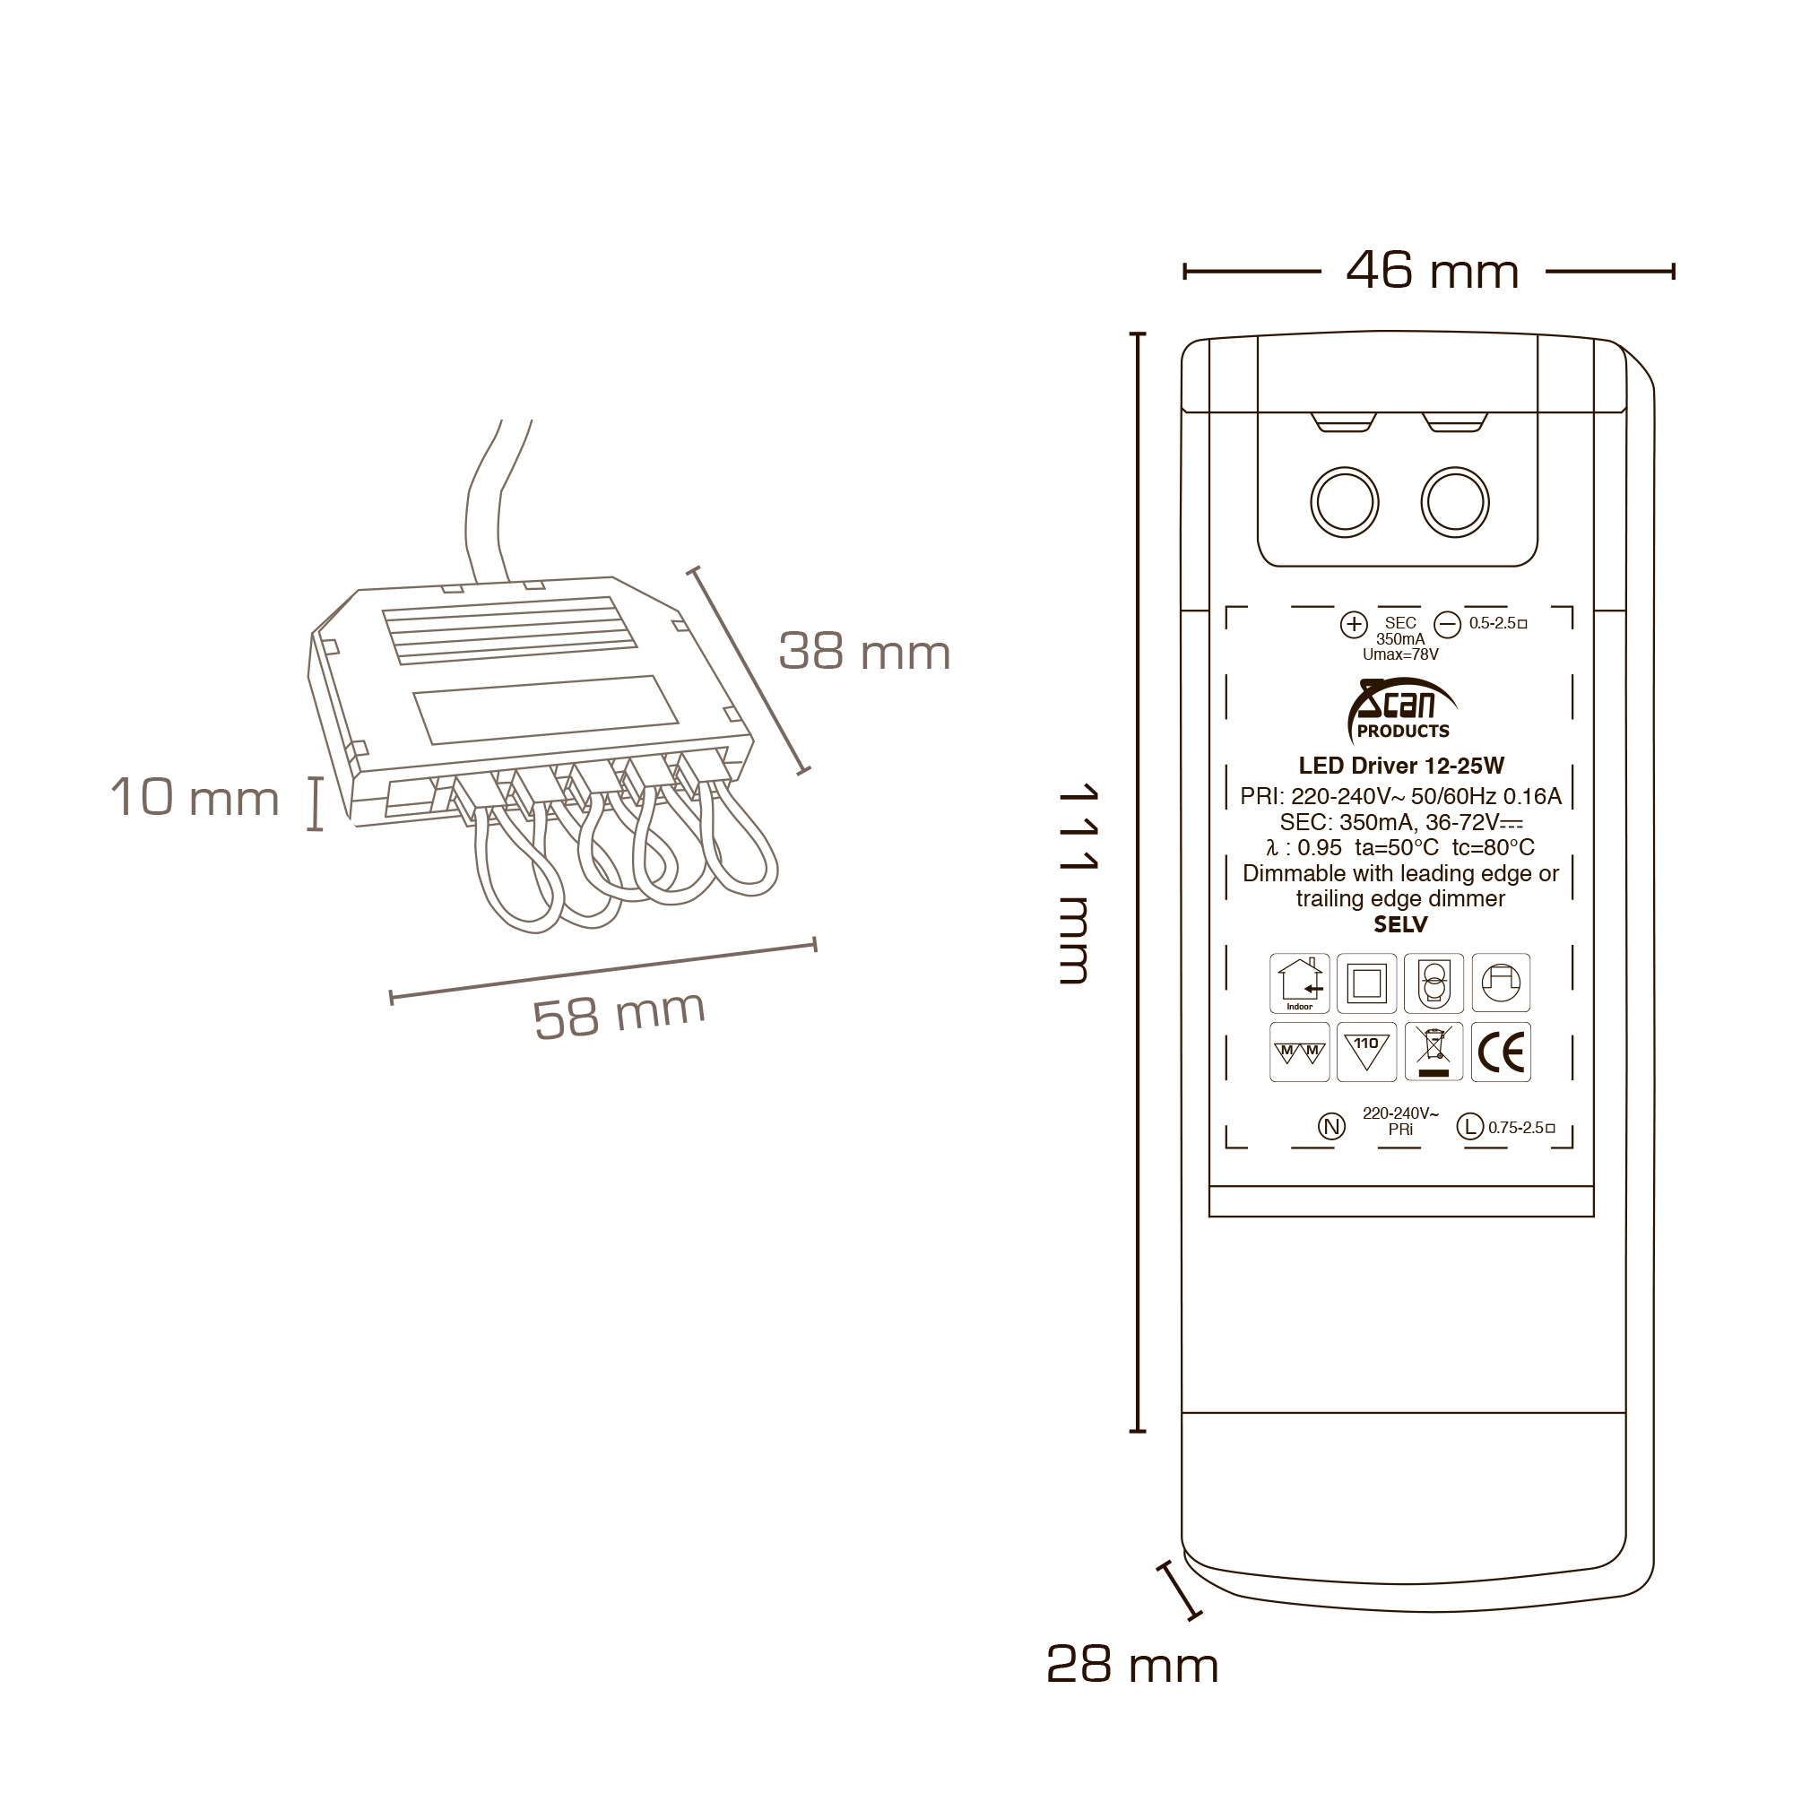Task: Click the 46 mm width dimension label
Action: tap(1431, 271)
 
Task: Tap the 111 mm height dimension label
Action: tap(1078, 882)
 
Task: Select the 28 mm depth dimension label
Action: tap(1131, 1666)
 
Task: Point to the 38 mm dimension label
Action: tap(864, 652)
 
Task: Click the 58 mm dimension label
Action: tap(619, 1014)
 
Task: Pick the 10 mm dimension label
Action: tap(195, 797)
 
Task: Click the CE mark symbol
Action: tap(1501, 1052)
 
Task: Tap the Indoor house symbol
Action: tap(1299, 983)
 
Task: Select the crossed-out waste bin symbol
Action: tap(1434, 1052)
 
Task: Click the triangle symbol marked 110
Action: tap(1366, 1052)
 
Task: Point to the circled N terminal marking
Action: tap(1330, 1127)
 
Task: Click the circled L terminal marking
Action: tap(1469, 1127)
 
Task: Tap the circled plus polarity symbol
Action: tap(1354, 624)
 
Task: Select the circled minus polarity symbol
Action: tap(1447, 624)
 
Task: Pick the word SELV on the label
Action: tap(1400, 924)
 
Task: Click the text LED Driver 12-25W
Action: tap(1400, 766)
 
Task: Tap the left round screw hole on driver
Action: tap(1345, 502)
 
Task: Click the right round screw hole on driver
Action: tap(1454, 502)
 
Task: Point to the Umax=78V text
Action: tap(1399, 654)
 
